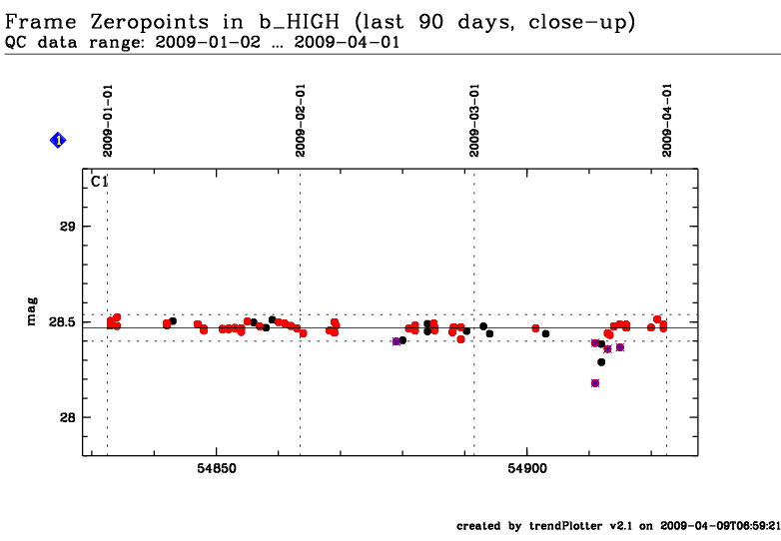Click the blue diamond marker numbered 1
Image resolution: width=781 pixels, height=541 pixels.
click(58, 141)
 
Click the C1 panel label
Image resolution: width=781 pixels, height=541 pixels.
click(100, 182)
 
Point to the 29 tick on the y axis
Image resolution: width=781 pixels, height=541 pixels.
click(69, 227)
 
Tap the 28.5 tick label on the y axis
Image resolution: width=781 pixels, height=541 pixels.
click(62, 321)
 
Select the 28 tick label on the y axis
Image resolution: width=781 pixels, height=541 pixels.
click(69, 417)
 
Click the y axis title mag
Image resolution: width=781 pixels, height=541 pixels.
click(33, 311)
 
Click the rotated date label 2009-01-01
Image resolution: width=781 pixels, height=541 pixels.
click(107, 120)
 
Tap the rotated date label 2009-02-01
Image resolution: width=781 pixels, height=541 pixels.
click(300, 120)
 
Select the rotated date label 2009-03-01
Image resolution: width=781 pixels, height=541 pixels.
click(473, 120)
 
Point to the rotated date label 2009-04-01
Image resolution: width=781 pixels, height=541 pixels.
click(666, 120)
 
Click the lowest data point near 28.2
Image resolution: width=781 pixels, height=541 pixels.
click(595, 383)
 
